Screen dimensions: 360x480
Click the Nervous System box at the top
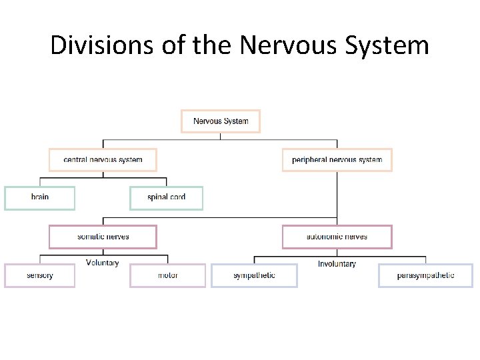click(x=221, y=121)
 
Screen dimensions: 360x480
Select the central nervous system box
click(x=103, y=160)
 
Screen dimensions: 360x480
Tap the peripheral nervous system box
click(x=337, y=160)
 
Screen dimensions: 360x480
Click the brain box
click(x=40, y=198)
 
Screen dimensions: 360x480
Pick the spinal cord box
click(x=166, y=198)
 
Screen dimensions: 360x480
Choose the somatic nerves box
click(x=103, y=237)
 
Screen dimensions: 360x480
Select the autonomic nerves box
click(x=337, y=237)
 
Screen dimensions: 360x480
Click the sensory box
click(x=40, y=275)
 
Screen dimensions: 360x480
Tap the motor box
click(x=168, y=275)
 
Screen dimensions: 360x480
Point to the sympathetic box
click(x=254, y=275)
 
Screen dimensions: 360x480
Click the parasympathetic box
click(x=425, y=275)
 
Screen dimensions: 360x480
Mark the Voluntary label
click(x=103, y=263)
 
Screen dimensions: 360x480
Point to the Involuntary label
click(x=337, y=264)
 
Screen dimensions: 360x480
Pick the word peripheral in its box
click(x=310, y=160)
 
